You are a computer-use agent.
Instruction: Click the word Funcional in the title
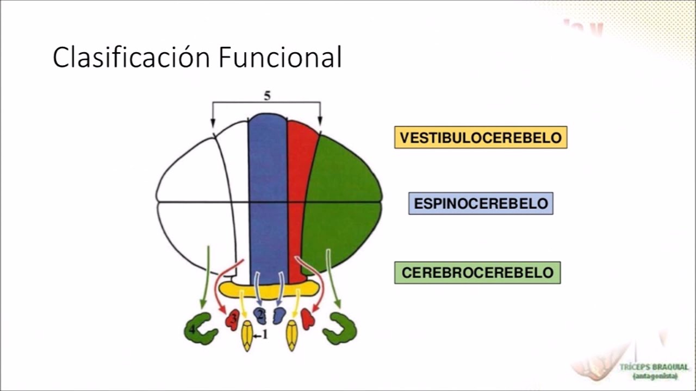tap(280, 58)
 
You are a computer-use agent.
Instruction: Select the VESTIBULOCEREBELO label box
tap(481, 137)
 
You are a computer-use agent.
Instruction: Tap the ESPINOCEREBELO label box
tap(481, 204)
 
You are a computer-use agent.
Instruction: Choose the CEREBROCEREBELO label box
tap(477, 273)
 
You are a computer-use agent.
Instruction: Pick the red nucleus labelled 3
tap(232, 320)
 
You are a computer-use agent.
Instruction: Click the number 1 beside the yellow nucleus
tap(265, 335)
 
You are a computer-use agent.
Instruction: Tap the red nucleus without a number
tap(308, 319)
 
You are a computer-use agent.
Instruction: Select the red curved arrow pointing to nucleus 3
tap(220, 288)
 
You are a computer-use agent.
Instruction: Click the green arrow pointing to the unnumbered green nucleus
tap(333, 277)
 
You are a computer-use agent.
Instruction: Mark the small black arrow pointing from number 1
tap(257, 336)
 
